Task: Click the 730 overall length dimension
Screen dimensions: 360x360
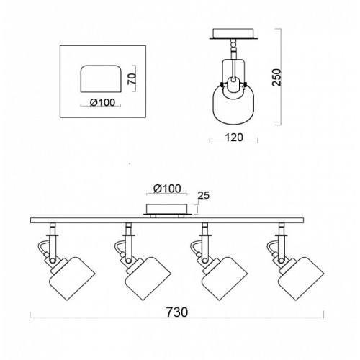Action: [x=177, y=312]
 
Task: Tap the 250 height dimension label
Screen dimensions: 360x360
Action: [x=276, y=77]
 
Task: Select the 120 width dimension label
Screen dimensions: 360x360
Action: [x=234, y=138]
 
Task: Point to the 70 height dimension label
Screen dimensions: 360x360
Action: [x=132, y=78]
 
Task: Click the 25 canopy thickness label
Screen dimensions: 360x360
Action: [x=204, y=196]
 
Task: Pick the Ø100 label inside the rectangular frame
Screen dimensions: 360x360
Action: [x=102, y=103]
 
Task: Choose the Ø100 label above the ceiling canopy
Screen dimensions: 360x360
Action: [x=167, y=189]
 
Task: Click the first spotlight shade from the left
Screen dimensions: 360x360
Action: [x=72, y=279]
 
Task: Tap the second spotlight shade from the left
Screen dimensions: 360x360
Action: [x=148, y=279]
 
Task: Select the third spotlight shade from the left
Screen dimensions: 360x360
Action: [x=225, y=279]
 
